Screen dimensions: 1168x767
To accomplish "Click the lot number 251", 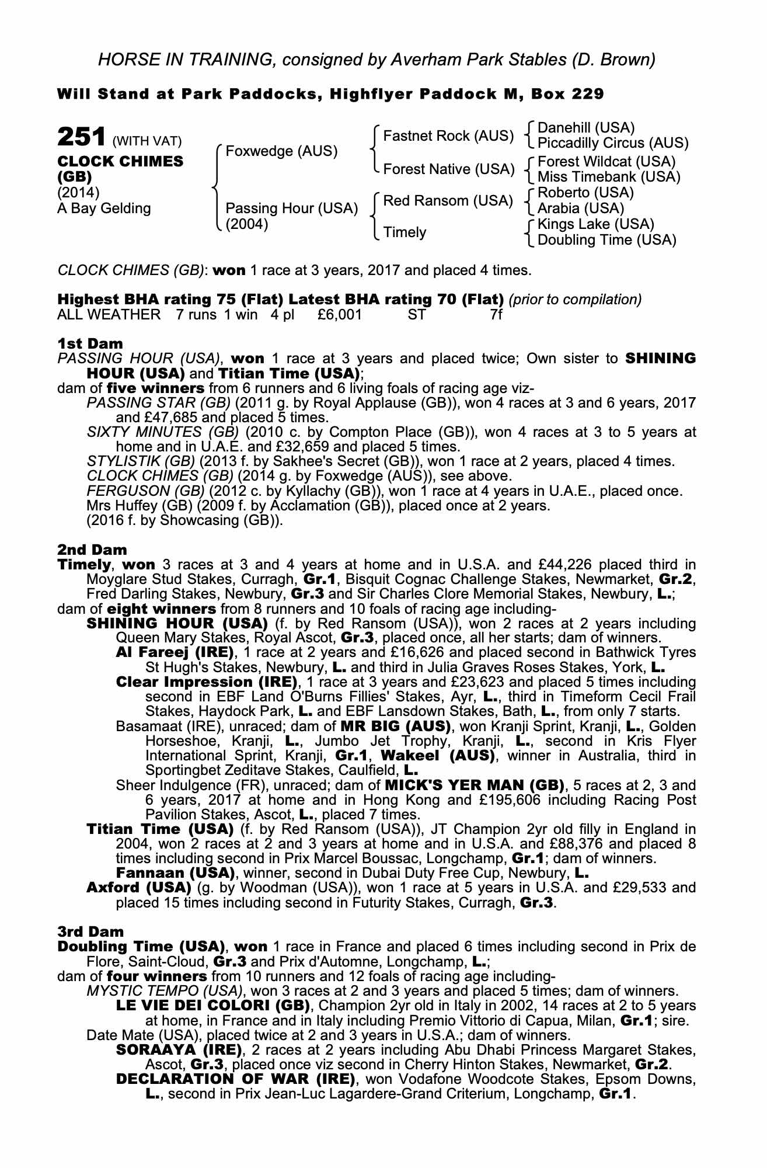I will click(x=81, y=138).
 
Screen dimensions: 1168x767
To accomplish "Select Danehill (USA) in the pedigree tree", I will click(x=585, y=128).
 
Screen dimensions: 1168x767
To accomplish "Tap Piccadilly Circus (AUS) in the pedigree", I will click(x=612, y=143).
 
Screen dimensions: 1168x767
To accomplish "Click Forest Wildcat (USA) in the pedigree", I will click(x=606, y=161).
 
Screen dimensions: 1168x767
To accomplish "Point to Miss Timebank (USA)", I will click(x=608, y=176).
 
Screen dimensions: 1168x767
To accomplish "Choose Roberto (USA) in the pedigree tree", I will click(x=585, y=193).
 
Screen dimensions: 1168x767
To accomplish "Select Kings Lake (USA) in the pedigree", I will click(x=595, y=224).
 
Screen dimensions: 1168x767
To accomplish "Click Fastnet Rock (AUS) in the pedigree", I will click(x=448, y=136).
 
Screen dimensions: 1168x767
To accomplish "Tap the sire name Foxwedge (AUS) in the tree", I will click(x=281, y=151).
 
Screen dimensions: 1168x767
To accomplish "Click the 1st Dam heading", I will click(x=90, y=343).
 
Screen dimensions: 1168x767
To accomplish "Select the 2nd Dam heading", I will click(x=92, y=550).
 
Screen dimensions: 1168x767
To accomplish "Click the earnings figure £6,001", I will click(x=340, y=315).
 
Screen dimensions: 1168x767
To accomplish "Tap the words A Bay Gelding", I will click(x=104, y=208).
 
